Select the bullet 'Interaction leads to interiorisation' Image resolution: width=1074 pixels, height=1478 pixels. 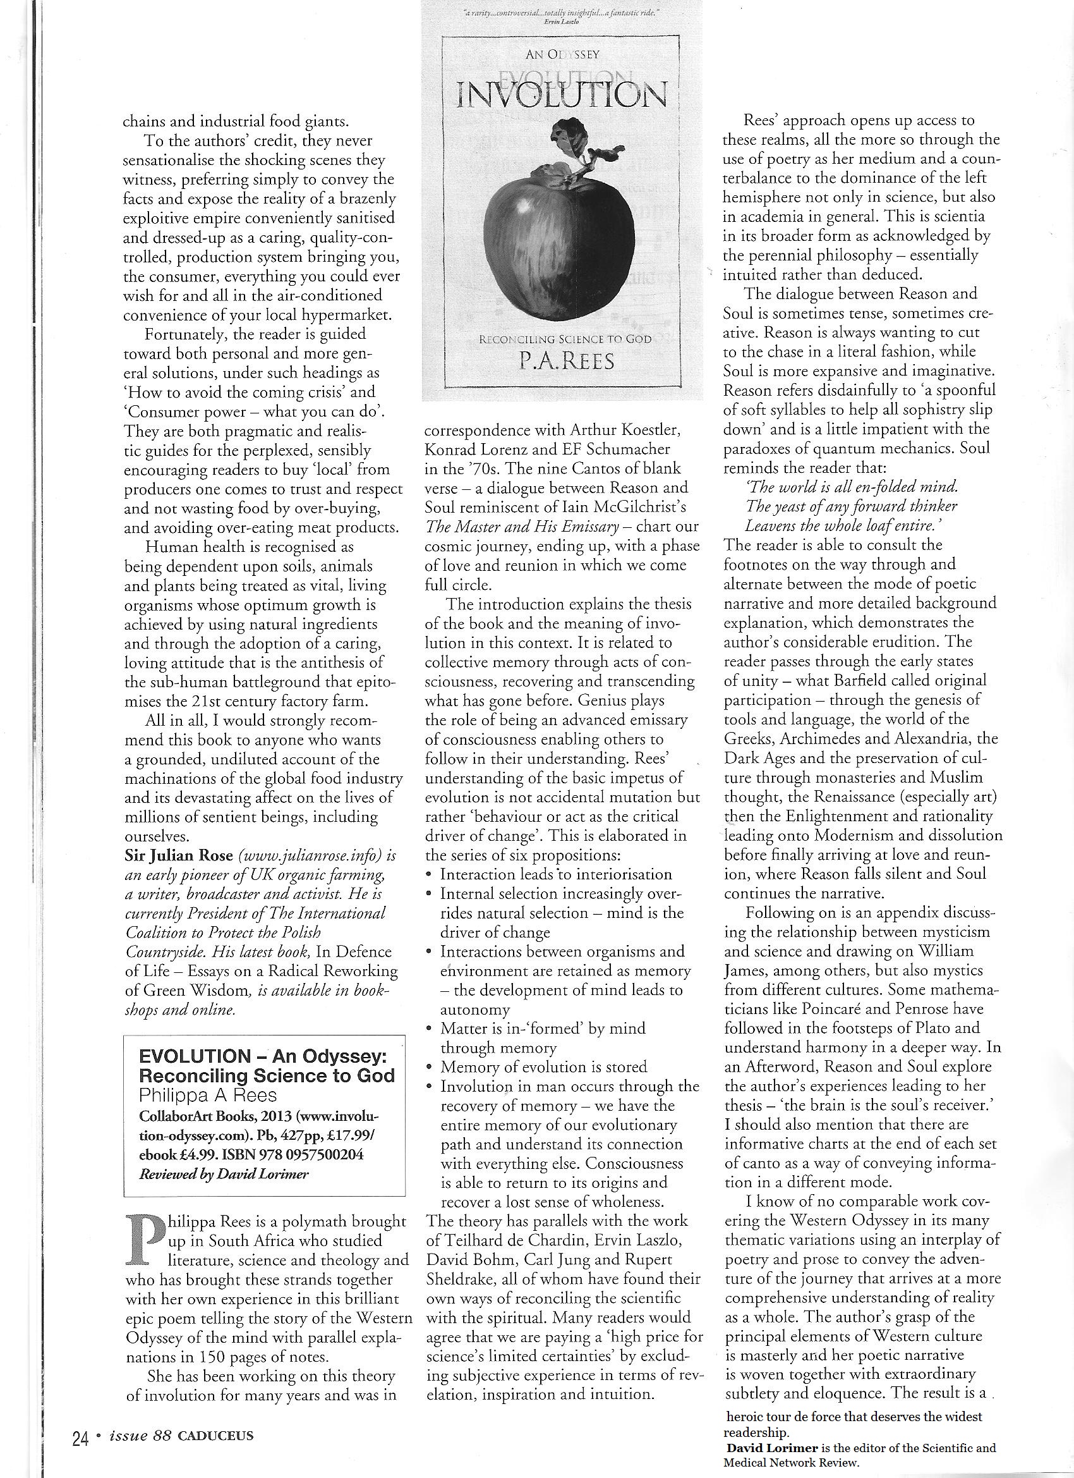555,874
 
